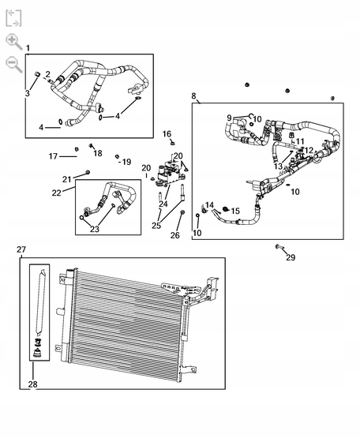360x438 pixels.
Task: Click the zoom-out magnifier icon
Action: click(13, 64)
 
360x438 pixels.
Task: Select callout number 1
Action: click(28, 48)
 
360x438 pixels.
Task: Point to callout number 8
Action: click(194, 95)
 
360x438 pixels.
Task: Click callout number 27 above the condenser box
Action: click(21, 249)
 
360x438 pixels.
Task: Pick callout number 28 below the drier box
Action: click(32, 384)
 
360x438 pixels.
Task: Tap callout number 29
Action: click(291, 258)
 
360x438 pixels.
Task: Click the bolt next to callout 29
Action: click(279, 247)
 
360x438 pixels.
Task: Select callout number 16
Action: click(167, 134)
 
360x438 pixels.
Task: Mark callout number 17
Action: click(53, 156)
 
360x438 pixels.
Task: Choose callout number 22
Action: click(57, 193)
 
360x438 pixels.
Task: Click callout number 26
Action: click(175, 235)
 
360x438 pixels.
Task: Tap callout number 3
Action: click(27, 93)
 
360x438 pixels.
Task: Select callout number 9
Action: click(230, 118)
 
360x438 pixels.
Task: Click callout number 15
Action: click(235, 212)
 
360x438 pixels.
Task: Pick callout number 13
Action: click(278, 167)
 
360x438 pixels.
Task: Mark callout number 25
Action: click(157, 226)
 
